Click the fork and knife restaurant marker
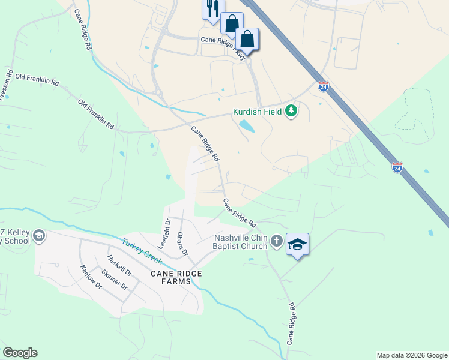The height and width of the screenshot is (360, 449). [210, 8]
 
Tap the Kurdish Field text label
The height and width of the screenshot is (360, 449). [258, 111]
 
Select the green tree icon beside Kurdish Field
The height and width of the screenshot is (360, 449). [291, 111]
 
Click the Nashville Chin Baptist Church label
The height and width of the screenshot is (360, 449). [240, 241]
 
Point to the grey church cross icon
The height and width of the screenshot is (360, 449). [276, 241]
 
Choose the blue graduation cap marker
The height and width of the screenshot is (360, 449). [297, 244]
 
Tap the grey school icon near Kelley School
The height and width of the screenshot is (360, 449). [39, 235]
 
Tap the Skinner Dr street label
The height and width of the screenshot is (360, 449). [115, 279]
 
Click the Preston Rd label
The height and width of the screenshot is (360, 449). [7, 86]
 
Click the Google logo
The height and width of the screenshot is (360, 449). [20, 353]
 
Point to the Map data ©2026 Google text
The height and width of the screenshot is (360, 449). [411, 355]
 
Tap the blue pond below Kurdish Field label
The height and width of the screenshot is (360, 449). [246, 127]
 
